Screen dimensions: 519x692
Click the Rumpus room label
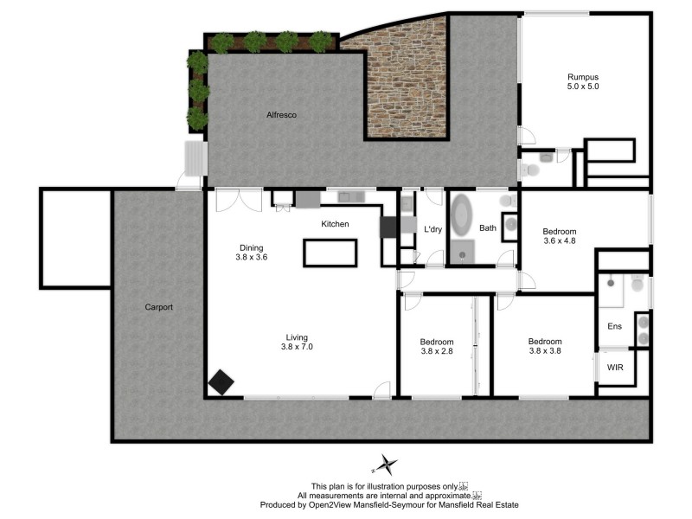pyautogui.click(x=583, y=75)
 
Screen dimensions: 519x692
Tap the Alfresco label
pyautogui.click(x=281, y=114)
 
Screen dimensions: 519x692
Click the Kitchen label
pyautogui.click(x=335, y=224)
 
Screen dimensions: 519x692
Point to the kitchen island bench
pyautogui.click(x=329, y=253)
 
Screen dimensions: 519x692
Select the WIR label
pyautogui.click(x=615, y=368)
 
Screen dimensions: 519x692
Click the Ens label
pyautogui.click(x=615, y=326)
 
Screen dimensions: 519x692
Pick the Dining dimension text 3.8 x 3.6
pyautogui.click(x=252, y=257)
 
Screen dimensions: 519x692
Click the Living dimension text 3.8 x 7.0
pyautogui.click(x=297, y=348)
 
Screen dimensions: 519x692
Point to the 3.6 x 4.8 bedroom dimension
pyautogui.click(x=559, y=241)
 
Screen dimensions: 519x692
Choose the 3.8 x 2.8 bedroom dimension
pyautogui.click(x=437, y=351)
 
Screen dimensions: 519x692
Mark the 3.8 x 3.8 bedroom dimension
pyautogui.click(x=545, y=351)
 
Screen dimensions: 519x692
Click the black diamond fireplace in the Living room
pyautogui.click(x=221, y=382)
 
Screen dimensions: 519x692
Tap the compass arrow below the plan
pyautogui.click(x=386, y=465)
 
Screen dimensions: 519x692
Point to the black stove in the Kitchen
pyautogui.click(x=389, y=227)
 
